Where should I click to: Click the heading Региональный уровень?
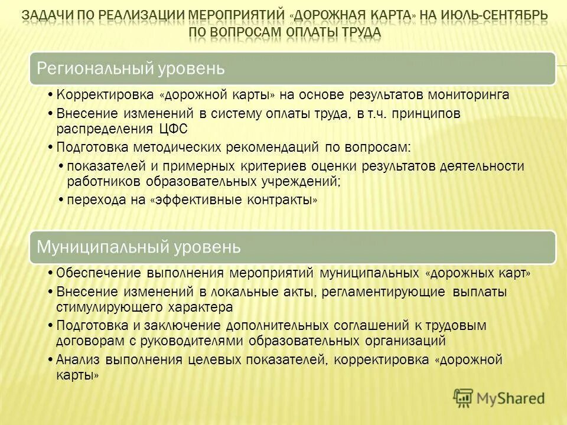click(131, 68)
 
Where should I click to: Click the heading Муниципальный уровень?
click(139, 247)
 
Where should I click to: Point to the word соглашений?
click(366, 325)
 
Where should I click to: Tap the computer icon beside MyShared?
click(464, 398)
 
